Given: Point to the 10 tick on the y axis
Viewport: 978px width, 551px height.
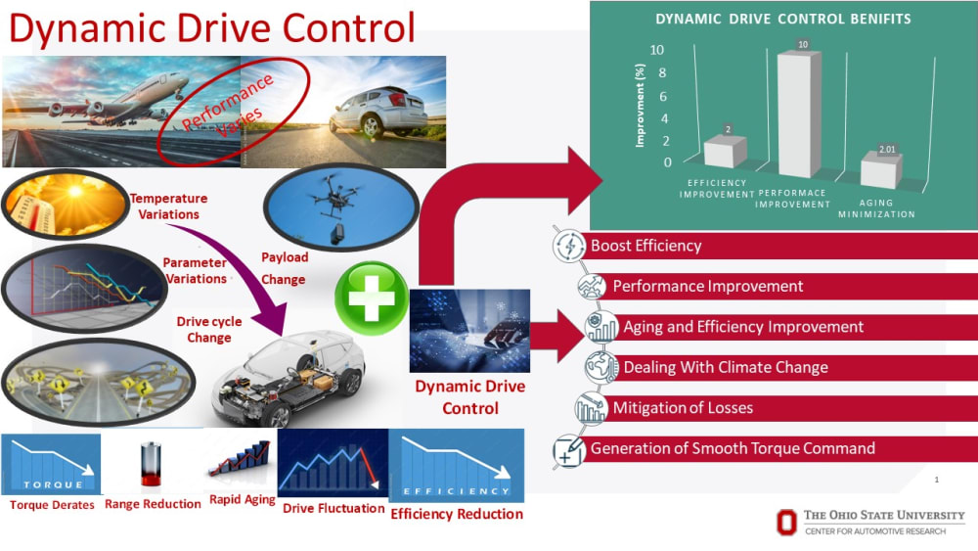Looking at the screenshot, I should point(657,50).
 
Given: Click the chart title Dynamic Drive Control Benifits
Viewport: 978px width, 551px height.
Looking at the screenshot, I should point(781,18).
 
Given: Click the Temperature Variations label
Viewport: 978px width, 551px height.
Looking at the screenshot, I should point(168,207).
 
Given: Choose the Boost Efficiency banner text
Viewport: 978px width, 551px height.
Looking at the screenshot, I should point(645,246).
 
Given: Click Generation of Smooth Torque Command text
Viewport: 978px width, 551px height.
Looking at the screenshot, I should point(733,449).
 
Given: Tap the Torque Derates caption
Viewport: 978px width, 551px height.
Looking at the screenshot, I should point(52,505).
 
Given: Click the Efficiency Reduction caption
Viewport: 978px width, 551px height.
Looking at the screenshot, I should point(457,514).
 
